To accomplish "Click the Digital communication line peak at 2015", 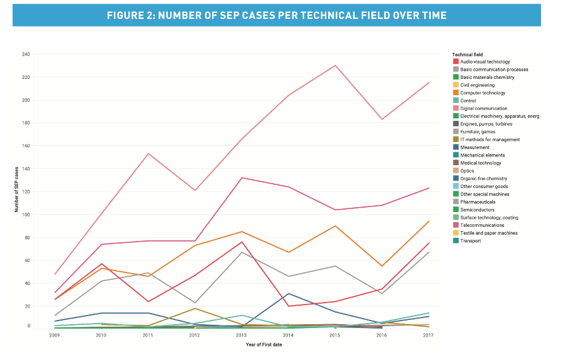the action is (336, 65).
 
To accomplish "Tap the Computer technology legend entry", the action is (479, 93).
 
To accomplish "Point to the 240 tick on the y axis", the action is (26, 54).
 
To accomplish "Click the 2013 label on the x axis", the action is (241, 335).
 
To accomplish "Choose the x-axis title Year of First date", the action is (264, 345).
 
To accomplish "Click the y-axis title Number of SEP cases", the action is (16, 189).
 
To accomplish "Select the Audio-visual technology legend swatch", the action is (456, 62).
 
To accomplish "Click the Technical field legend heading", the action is (468, 54).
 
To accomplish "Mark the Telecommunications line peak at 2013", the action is (242, 178).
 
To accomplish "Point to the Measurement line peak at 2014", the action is (288, 293).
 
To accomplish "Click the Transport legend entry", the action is (467, 241).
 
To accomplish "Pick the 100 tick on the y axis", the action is (26, 215).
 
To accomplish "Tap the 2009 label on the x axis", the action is (54, 335).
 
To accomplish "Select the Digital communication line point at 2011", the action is (148, 153).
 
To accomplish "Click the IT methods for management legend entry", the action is (486, 140).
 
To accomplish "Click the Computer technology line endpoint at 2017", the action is (429, 221).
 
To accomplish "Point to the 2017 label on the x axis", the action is (428, 335).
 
